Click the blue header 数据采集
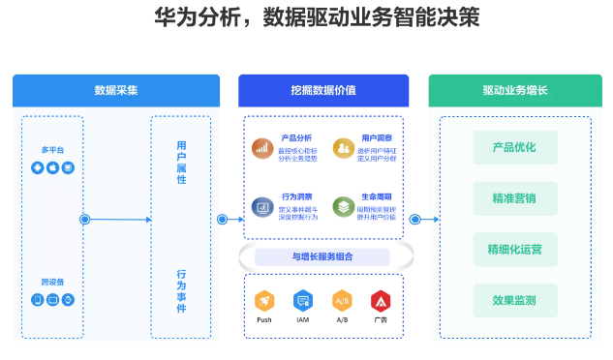tap(115, 90)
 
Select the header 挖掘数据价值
tap(322, 90)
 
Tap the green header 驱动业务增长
tap(514, 90)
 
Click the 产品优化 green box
tap(514, 148)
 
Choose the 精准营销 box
tap(514, 198)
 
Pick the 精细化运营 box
tap(514, 249)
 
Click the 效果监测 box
tap(514, 299)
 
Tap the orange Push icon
tap(264, 301)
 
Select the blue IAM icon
tap(303, 301)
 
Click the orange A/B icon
tap(342, 301)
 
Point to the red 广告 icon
tap(381, 301)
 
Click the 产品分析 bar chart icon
tap(261, 147)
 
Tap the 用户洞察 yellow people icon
tap(342, 147)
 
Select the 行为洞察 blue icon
tap(261, 206)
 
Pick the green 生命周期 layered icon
tap(342, 206)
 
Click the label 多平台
tap(52, 150)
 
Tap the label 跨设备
tap(52, 282)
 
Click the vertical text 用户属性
tap(181, 162)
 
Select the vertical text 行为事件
tap(181, 291)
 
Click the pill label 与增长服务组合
tap(322, 256)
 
